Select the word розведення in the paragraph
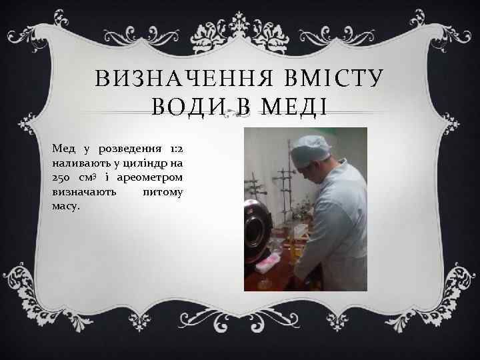click(x=130, y=147)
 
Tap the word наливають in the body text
click(x=80, y=163)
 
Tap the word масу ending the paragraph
click(x=65, y=207)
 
